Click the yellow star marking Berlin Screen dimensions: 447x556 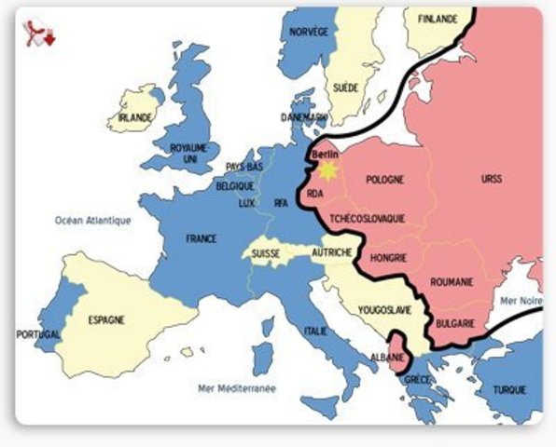click(327, 170)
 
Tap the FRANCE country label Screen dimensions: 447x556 click(201, 239)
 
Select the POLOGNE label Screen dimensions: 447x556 click(385, 180)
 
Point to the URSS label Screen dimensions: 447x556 click(491, 179)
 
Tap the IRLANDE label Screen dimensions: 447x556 click(129, 117)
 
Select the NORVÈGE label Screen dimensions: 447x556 click(310, 32)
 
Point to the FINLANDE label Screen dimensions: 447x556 click(438, 19)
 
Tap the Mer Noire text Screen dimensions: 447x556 click(521, 301)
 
